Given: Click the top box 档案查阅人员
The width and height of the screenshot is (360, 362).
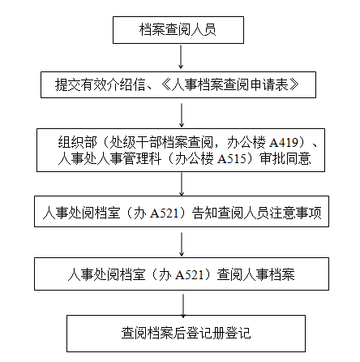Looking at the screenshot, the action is pyautogui.click(x=178, y=30).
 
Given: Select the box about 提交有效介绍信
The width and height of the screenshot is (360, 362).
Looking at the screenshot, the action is pyautogui.click(x=178, y=84).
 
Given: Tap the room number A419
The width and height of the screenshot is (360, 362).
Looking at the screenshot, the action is pyautogui.click(x=284, y=142).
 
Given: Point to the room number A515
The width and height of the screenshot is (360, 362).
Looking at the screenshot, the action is pyautogui.click(x=232, y=159).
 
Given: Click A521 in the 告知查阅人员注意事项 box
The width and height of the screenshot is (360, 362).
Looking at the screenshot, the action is pyautogui.click(x=165, y=213).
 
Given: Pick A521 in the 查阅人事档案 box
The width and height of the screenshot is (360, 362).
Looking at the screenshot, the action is pyautogui.click(x=189, y=275).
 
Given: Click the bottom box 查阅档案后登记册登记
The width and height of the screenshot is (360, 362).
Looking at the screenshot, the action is pyautogui.click(x=186, y=334).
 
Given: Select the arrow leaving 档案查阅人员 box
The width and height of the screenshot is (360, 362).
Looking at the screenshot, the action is pyautogui.click(x=181, y=57).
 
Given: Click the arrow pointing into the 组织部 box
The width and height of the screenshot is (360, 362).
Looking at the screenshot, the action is pyautogui.click(x=182, y=115).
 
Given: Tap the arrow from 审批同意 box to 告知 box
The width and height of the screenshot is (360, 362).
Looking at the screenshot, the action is pyautogui.click(x=182, y=184).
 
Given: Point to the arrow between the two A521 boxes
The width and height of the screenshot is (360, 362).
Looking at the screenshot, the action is pyautogui.click(x=182, y=244).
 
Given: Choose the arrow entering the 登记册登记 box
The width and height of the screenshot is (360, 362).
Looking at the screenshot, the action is pyautogui.click(x=183, y=306).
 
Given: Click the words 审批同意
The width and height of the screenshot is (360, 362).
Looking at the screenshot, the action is pyautogui.click(x=285, y=159).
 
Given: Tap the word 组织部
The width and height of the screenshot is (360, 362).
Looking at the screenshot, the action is pyautogui.click(x=77, y=142).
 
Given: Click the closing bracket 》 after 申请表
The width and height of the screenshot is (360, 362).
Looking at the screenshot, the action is pyautogui.click(x=294, y=84).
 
